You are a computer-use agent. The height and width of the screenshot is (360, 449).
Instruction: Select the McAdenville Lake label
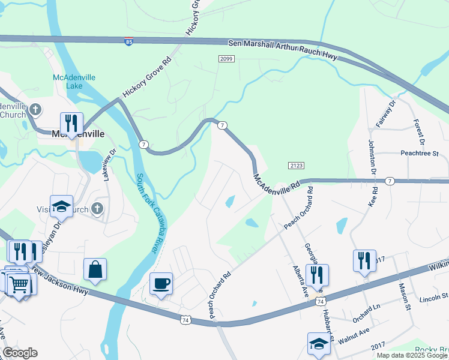click(x=66, y=82)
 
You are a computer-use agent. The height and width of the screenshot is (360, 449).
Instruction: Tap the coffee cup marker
click(x=161, y=283)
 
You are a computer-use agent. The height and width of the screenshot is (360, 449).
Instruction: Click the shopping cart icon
click(x=19, y=283)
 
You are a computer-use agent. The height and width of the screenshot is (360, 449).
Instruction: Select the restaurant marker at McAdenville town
click(x=71, y=123)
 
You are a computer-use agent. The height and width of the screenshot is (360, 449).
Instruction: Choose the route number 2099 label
click(x=226, y=58)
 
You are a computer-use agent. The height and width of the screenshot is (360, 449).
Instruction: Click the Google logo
click(x=20, y=353)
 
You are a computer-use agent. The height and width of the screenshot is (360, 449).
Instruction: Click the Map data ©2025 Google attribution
click(x=411, y=355)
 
